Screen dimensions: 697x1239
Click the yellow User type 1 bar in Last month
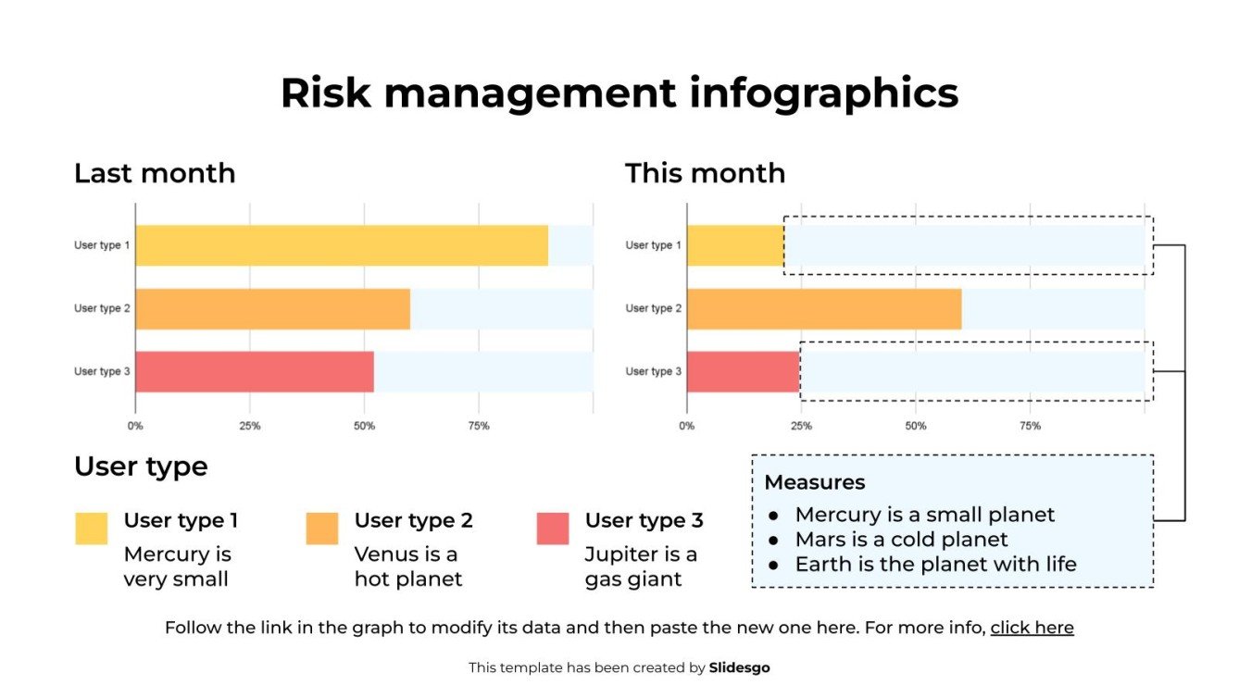[x=342, y=245]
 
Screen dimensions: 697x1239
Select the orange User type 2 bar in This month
[x=824, y=308]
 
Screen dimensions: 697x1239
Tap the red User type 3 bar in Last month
[x=255, y=371]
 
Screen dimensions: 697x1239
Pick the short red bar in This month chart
[x=743, y=371]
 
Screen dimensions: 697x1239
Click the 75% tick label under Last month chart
[x=479, y=427]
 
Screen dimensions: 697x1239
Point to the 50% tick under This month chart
[x=915, y=427]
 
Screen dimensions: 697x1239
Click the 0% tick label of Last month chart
[x=135, y=427]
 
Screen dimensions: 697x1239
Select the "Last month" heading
[x=155, y=173]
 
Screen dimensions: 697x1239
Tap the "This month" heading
[x=705, y=173]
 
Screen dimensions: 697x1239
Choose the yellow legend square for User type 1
[x=92, y=529]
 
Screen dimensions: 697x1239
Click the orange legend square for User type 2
[x=322, y=529]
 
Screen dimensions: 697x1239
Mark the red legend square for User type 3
[x=553, y=529]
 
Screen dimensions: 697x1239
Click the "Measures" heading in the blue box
[x=815, y=482]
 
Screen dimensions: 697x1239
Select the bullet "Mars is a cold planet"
[x=901, y=540]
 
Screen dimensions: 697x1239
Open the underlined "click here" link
[x=1032, y=628]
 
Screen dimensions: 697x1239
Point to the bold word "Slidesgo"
[x=739, y=667]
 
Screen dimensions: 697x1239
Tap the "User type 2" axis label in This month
[x=653, y=308]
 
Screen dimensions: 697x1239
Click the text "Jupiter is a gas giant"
[x=641, y=566]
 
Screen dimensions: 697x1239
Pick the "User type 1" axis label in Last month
[x=102, y=245]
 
